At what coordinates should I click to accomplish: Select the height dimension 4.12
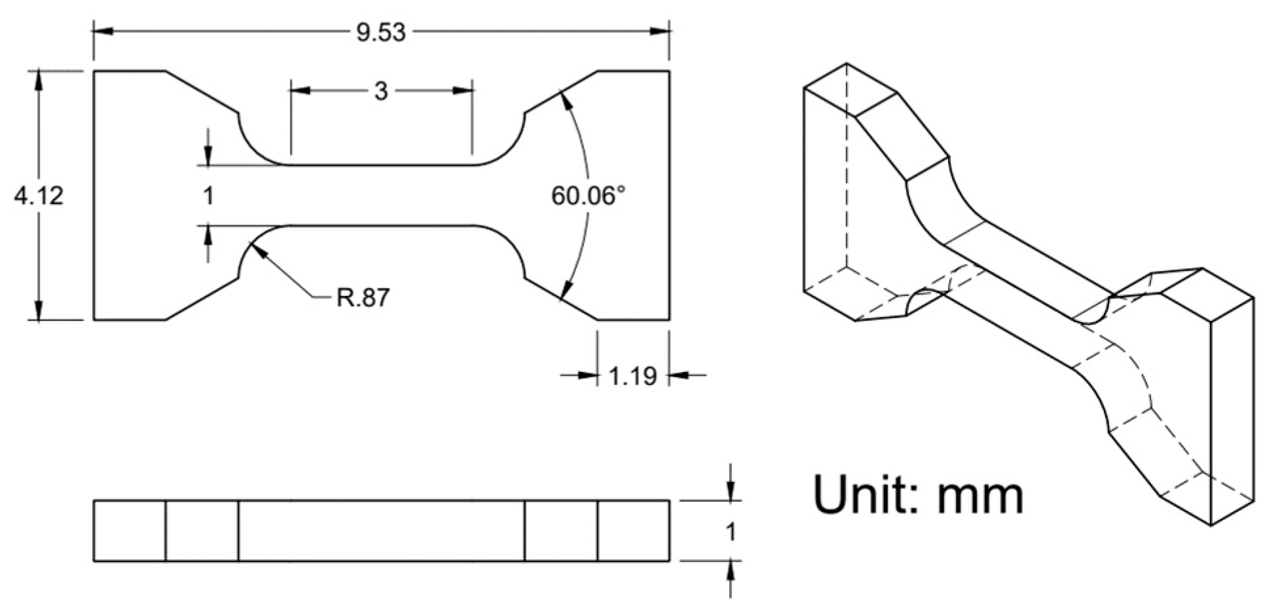39,195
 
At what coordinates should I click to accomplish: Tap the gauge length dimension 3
381,91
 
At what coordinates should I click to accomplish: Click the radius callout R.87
363,297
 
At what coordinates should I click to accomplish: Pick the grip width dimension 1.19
632,376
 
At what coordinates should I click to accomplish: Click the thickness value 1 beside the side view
731,532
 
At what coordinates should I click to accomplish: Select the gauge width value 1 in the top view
208,195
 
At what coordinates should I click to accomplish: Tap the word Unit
864,496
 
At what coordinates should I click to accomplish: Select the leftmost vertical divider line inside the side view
166,531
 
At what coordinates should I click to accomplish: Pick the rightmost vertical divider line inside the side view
597,531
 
